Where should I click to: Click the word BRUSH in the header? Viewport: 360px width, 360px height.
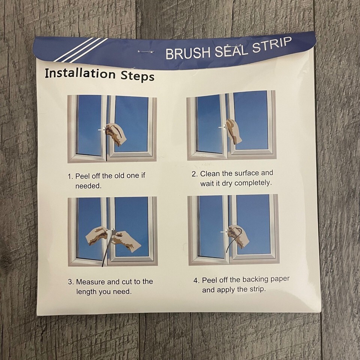[187, 53]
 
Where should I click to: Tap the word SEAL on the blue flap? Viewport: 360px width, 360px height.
[231, 50]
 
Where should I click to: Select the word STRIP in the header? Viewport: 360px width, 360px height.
[272, 44]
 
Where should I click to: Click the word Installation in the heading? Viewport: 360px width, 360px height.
[80, 73]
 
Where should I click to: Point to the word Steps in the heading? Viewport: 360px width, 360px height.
[138, 76]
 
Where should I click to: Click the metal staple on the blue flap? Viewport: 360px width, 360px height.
[146, 52]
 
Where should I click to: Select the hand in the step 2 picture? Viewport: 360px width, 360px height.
[234, 131]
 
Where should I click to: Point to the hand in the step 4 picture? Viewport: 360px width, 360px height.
[238, 236]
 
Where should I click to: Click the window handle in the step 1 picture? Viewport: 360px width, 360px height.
[102, 130]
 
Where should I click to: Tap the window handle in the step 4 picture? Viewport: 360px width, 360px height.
[224, 232]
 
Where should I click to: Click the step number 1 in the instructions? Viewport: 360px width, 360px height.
[70, 176]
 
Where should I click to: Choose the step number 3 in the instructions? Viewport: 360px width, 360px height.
[70, 282]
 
